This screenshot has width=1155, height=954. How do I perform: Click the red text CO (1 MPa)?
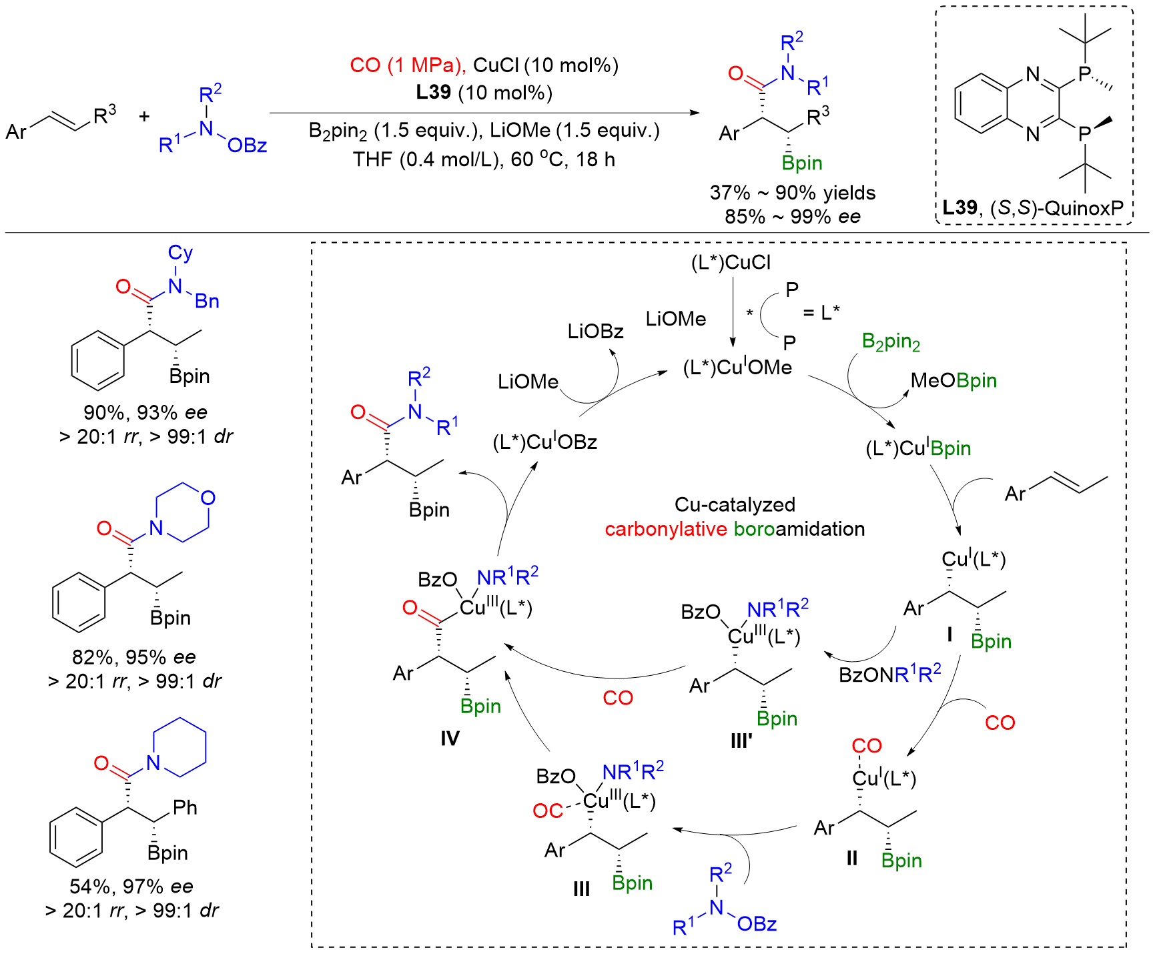pos(407,65)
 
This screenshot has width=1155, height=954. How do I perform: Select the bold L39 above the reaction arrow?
pos(433,92)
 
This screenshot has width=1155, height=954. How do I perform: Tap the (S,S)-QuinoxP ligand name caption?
pos(1057,208)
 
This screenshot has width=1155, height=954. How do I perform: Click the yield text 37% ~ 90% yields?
pos(793,193)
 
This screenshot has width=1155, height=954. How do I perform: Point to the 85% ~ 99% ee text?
pos(793,216)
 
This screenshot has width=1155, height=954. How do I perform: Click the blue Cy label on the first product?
pos(180,253)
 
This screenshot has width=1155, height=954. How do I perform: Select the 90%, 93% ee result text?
pos(145,412)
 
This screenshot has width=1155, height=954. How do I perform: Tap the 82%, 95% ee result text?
pos(134,657)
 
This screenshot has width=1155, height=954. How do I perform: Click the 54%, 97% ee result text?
pos(131,887)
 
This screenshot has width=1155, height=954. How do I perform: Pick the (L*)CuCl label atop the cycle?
pos(731,262)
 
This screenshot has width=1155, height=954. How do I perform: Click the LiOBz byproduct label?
pos(595,332)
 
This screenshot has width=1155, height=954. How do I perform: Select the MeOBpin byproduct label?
pos(953,381)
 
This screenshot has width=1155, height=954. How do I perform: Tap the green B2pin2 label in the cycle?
pos(891,342)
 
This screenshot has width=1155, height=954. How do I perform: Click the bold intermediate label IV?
pos(450,739)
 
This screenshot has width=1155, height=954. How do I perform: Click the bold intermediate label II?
pos(851,859)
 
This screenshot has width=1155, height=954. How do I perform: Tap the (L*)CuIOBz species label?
pos(544,442)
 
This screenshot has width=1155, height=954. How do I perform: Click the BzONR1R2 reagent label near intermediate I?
pos(890,674)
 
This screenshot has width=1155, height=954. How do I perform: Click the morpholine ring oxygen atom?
pos(208,498)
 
